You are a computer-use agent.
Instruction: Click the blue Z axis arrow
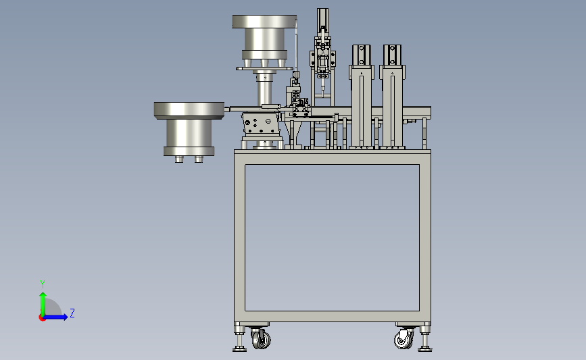click(x=55, y=317)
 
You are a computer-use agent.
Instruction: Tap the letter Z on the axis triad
click(x=72, y=313)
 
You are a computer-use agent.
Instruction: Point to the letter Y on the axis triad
click(x=43, y=284)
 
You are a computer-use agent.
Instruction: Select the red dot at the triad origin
click(x=42, y=318)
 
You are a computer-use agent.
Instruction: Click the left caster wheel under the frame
click(x=262, y=340)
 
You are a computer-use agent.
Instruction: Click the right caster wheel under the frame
click(x=404, y=340)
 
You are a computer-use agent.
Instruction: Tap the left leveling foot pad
click(x=239, y=349)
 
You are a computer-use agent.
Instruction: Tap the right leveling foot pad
click(x=425, y=349)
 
